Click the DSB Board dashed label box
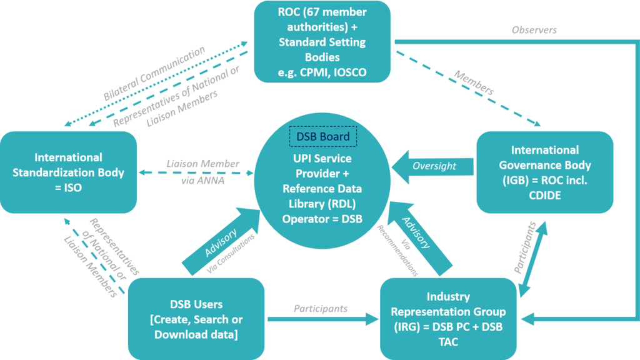(322, 137)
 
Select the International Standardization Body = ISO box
(69, 171)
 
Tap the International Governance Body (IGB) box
(544, 172)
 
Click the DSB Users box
(196, 319)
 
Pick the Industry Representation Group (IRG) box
(448, 319)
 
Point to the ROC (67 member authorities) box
(322, 41)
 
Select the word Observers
(534, 30)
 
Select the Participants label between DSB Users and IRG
(321, 309)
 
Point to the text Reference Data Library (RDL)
(322, 196)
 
